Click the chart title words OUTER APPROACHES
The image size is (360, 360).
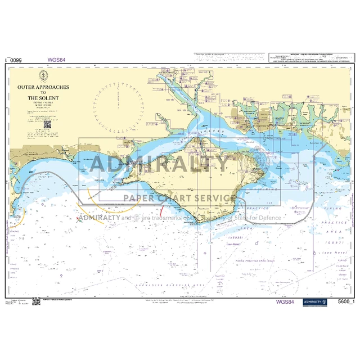coord(43,88)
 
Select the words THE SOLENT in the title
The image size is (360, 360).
coord(43,98)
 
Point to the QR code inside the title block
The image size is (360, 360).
coord(43,131)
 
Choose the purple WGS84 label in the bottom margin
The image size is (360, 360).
coord(286,301)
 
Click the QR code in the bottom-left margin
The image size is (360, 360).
coord(37,302)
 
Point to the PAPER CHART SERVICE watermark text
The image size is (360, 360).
coord(179,198)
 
